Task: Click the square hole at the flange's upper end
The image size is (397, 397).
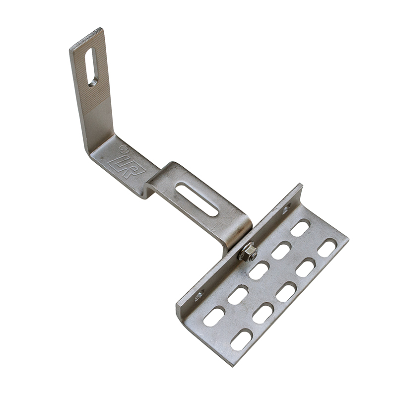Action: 287,210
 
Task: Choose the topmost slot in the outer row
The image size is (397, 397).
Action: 327,247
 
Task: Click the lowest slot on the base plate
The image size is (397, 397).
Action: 241,339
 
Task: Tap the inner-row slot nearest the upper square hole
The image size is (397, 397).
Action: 300,228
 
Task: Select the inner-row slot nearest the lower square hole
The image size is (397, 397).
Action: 214,316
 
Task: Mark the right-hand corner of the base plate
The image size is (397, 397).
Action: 348,242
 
